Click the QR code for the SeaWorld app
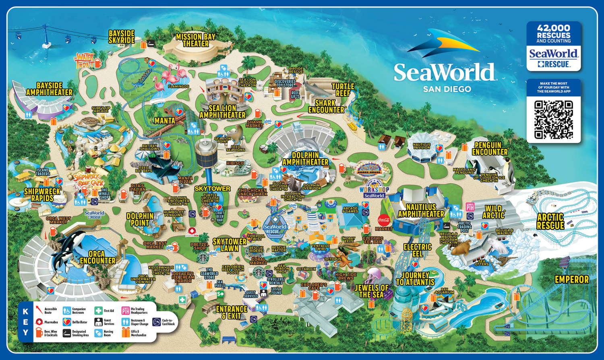[x=553, y=120]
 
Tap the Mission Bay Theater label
[x=196, y=40]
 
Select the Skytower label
[x=212, y=188]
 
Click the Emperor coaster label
[x=571, y=279]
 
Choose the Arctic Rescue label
[x=550, y=221]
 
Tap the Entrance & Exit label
[x=232, y=312]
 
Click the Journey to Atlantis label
[x=415, y=279]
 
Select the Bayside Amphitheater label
[x=49, y=89]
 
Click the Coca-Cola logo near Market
[x=384, y=220]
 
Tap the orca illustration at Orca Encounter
[x=70, y=246]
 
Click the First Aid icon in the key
[x=98, y=310]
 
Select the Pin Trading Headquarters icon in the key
[x=126, y=310]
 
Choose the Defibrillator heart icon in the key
[x=67, y=322]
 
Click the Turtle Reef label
[x=343, y=90]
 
